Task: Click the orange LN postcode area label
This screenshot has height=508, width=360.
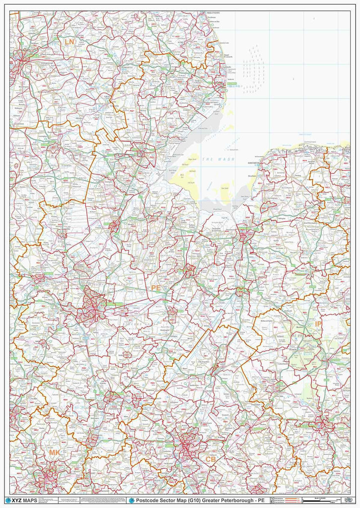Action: (69, 42)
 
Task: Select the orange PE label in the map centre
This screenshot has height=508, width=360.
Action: (156, 288)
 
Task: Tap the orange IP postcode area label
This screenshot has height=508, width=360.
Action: (318, 324)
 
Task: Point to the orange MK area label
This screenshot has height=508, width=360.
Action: (54, 452)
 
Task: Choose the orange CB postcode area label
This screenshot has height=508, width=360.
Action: (211, 459)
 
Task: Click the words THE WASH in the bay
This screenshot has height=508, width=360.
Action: (215, 158)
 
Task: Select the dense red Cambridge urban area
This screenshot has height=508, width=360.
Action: (188, 444)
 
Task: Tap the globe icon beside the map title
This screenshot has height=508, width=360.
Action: (132, 500)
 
